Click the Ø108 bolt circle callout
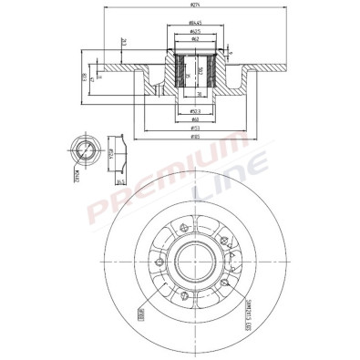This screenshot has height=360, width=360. (142, 319)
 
